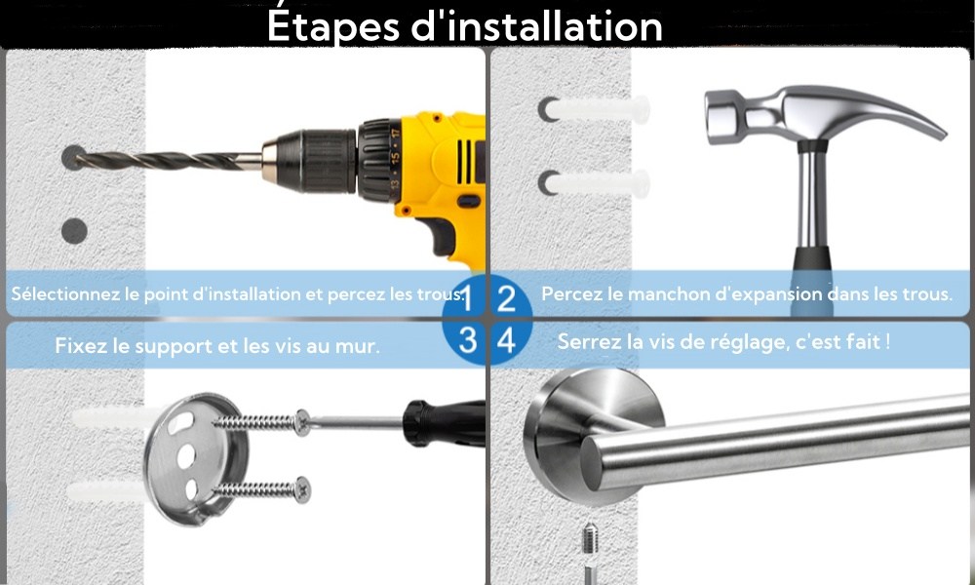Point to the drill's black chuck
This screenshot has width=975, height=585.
pos(317,161)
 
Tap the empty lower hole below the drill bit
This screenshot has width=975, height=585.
pos(74,231)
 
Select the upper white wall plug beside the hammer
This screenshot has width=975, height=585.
pos(597,109)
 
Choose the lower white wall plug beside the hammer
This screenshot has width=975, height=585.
pos(597,183)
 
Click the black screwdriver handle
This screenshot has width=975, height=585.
pos(444,424)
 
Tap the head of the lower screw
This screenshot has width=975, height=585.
pos(303,489)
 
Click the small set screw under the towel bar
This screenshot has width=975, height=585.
pos(590,539)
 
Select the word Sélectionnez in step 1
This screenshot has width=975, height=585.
pos(66,293)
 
